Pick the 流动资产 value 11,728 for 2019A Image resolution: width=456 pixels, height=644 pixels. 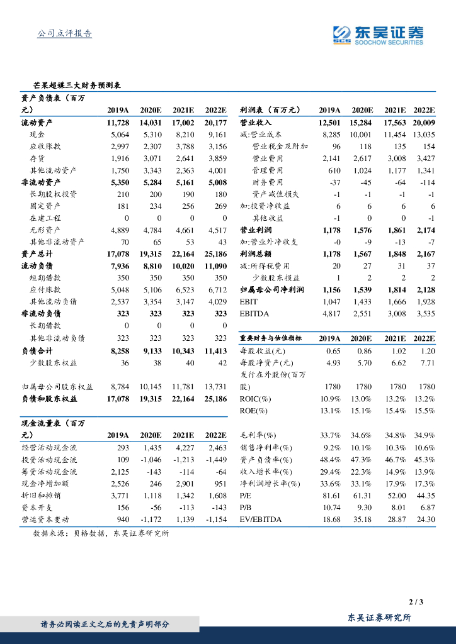[x=118, y=123]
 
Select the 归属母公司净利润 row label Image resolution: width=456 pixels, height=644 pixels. [x=272, y=289]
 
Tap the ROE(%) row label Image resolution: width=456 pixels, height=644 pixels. [x=254, y=411]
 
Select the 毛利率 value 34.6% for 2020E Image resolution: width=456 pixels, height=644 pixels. [x=361, y=435]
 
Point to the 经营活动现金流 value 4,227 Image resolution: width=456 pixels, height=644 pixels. [x=183, y=447]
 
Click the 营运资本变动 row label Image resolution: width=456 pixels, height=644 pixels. [x=49, y=519]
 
